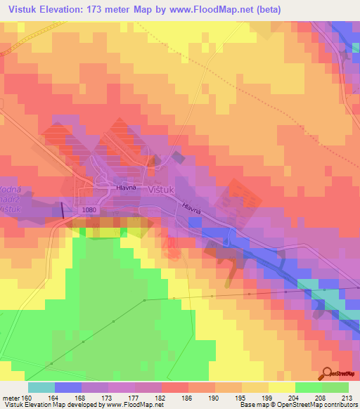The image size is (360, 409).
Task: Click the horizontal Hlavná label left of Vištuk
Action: coord(126,188)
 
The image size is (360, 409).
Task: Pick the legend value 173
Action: coord(122,396)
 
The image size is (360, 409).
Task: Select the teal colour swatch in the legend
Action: coord(41,387)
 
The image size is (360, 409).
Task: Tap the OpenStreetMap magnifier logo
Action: coord(328,373)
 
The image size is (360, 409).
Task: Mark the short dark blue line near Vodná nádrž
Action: coord(64,209)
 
